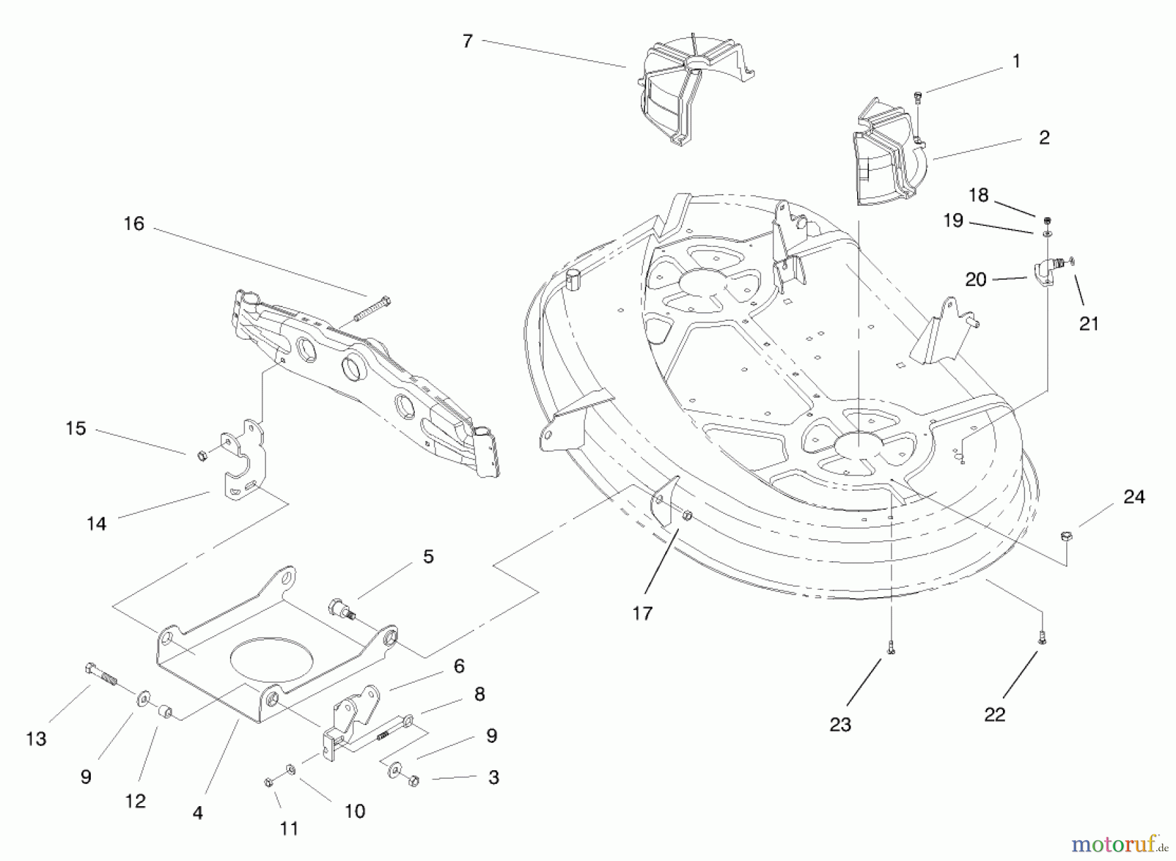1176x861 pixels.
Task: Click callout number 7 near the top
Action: tap(467, 41)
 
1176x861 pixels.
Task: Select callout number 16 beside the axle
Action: tap(134, 224)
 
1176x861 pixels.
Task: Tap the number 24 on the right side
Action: tap(1134, 497)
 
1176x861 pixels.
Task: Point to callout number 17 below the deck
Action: tap(642, 613)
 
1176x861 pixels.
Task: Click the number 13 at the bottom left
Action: tap(36, 739)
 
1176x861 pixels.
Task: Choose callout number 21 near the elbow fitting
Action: tap(1088, 323)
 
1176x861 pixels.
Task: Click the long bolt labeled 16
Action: tap(372, 310)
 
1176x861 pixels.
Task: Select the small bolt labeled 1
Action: tap(918, 98)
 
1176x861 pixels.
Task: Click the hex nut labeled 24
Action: tap(1066, 537)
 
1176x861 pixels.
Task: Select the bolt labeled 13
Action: tap(101, 674)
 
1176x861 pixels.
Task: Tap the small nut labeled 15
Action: tap(203, 455)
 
